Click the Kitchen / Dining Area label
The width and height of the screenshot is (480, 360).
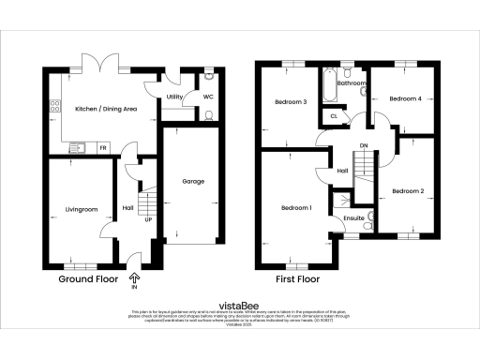tap(106, 110)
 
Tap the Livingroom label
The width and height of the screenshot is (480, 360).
tap(82, 209)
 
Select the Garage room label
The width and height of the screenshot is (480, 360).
tap(193, 181)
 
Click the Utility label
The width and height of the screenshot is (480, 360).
tap(174, 97)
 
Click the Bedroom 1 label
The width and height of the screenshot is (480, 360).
tap(295, 207)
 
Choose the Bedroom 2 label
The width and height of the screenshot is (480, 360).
tap(409, 191)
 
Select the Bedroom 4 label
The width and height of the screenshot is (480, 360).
tap(405, 97)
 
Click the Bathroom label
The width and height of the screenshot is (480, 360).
tap(352, 83)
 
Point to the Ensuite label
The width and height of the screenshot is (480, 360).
tap(353, 218)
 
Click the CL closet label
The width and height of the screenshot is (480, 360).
tap(333, 115)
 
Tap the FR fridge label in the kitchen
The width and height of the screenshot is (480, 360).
tap(103, 148)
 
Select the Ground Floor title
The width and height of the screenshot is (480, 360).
tap(88, 279)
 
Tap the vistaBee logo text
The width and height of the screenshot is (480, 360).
tap(239, 304)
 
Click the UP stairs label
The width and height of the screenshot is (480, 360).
tap(147, 219)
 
